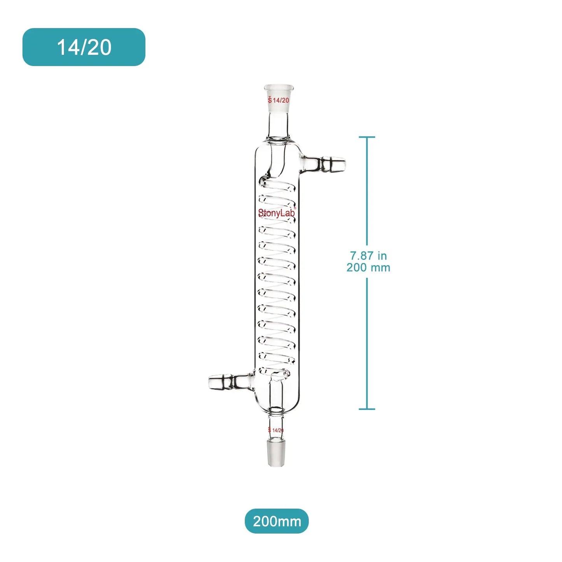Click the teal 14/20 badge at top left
point(84,47)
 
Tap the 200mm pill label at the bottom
point(277,521)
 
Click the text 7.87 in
point(368,256)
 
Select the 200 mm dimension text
point(368,268)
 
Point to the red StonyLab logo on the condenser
point(277,213)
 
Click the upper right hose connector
point(327,164)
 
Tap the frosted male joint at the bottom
point(276,453)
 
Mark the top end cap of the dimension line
point(367,137)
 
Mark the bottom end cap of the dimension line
point(367,409)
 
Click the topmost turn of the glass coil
point(277,184)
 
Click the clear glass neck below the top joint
point(278,124)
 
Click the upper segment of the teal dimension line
point(367,191)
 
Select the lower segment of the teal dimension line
point(367,342)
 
